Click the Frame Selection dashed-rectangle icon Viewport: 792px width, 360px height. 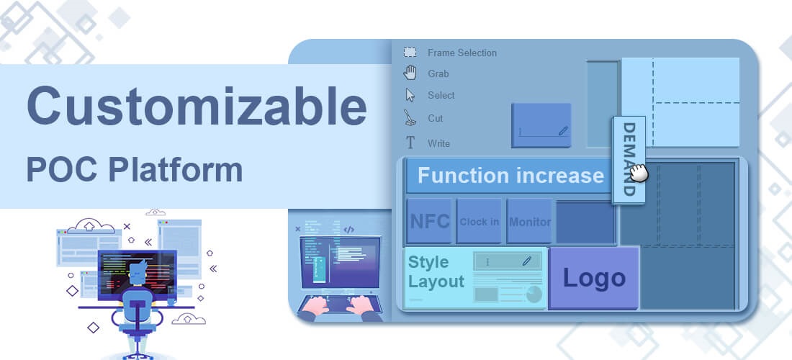coord(410,52)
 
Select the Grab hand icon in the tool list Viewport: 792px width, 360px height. coord(410,73)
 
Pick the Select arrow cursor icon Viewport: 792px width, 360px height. coord(410,95)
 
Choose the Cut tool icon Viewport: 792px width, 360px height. coord(410,118)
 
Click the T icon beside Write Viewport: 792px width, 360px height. coord(410,143)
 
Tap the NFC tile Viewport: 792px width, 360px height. coord(429,221)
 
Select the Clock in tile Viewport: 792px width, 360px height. coord(479,221)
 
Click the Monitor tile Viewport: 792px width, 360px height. coord(529,221)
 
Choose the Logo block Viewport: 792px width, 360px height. coord(594,278)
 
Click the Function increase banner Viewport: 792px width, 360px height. coord(510,176)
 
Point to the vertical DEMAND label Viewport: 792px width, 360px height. coord(629,160)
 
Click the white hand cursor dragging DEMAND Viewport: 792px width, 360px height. coord(639,173)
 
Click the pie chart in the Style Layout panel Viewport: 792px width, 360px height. coord(534,294)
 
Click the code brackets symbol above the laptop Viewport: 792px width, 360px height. coord(348,230)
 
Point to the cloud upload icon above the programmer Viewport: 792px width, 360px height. coord(89,225)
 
